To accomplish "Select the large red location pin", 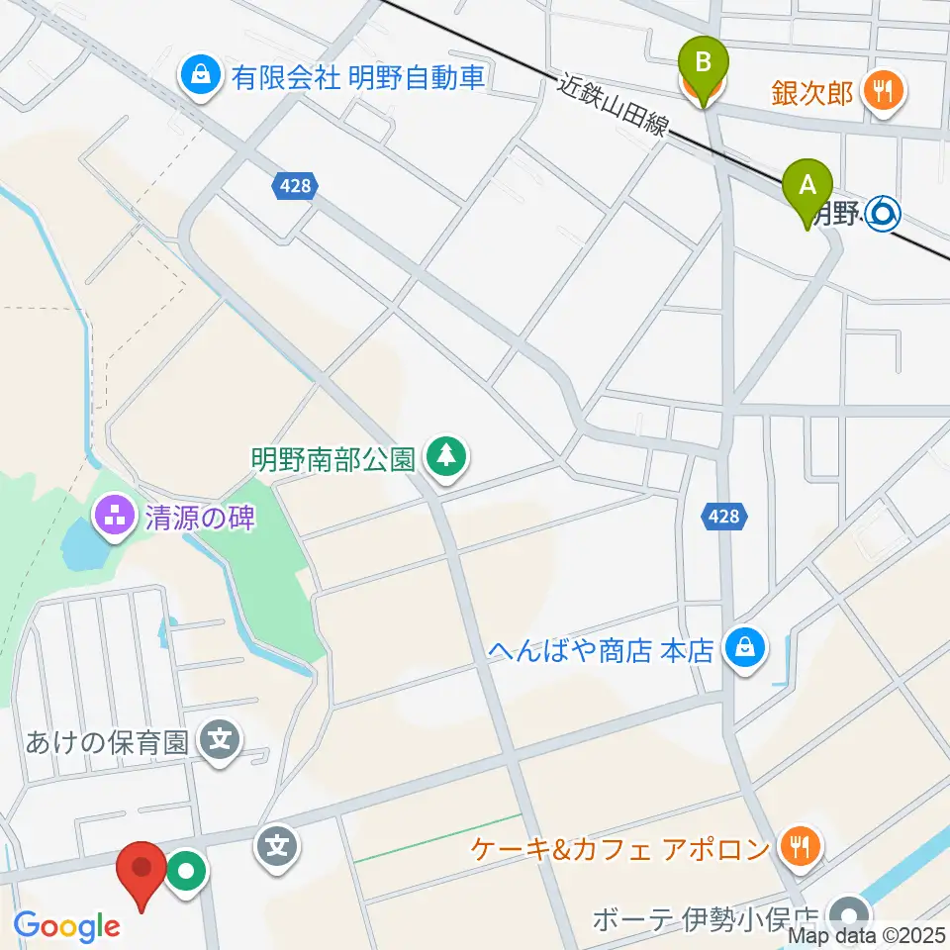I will coord(141,871).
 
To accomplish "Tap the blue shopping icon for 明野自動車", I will coord(201,75).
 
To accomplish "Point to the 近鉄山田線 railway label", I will coord(614,106).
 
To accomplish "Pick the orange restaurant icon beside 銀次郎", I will coord(879,93).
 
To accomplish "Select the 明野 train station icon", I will coord(882,211).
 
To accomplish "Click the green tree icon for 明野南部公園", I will coord(448,456).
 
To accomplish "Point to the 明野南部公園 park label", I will coord(332,459).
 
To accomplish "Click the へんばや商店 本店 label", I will coord(601,650).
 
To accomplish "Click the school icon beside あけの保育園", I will coord(221,739).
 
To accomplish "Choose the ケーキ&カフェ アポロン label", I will coord(620,848).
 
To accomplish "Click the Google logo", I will coord(67,926).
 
